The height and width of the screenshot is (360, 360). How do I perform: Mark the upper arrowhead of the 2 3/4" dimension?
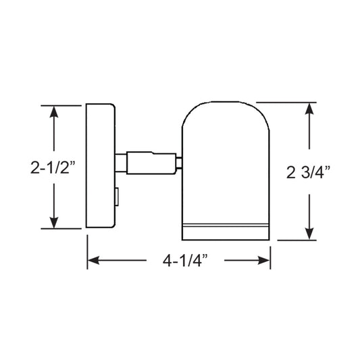tap(309, 109)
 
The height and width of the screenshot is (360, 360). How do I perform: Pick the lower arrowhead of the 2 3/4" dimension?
tap(309, 232)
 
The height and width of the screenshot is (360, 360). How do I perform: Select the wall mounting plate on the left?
tap(100, 167)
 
